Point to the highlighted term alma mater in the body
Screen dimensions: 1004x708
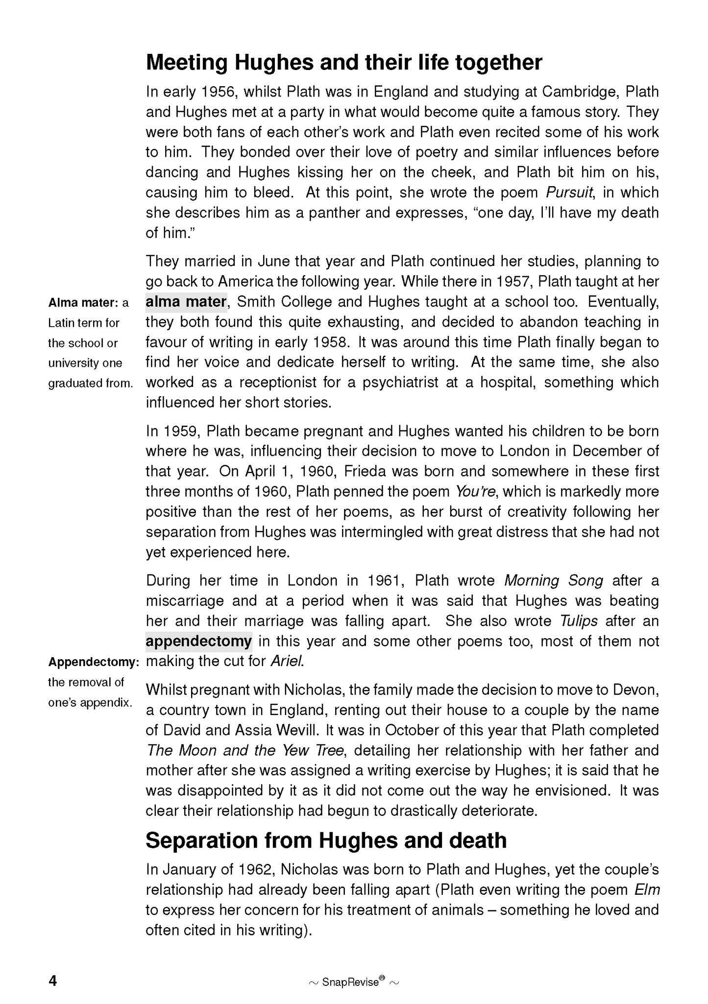point(186,302)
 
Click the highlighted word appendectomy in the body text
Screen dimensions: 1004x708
point(198,641)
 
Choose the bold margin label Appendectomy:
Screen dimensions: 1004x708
point(94,662)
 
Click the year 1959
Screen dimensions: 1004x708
point(180,431)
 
